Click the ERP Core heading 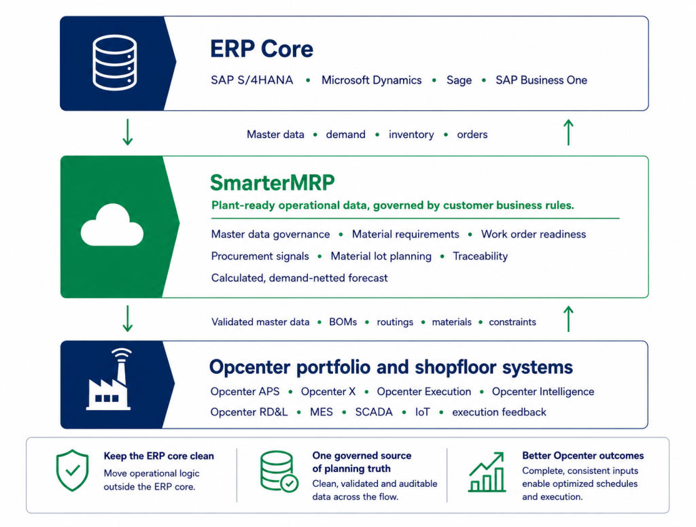(262, 49)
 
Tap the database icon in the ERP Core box (114, 63)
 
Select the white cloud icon (112, 224)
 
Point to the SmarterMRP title (272, 182)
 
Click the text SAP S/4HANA (251, 80)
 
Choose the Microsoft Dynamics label (372, 80)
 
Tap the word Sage (459, 81)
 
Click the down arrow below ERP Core (127, 133)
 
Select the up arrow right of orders (568, 133)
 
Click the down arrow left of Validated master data (127, 319)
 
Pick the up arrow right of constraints (568, 319)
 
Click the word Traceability (480, 256)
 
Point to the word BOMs (343, 322)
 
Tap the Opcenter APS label (245, 392)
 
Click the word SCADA (374, 412)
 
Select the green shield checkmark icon (72, 470)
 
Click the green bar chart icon (487, 472)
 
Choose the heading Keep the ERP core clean (159, 456)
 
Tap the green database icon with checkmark (279, 471)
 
